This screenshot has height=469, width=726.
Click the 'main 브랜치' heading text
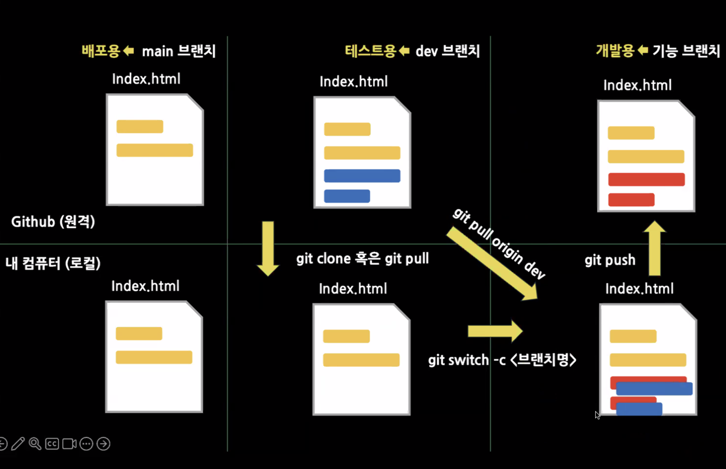[x=179, y=51]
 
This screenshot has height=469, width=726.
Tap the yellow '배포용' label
[x=101, y=51]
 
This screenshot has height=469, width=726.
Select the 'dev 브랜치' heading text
[x=447, y=51]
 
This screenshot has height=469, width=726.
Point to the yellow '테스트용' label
[x=370, y=51]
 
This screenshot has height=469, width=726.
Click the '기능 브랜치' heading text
[x=686, y=51]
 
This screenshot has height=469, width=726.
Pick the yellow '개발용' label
[x=615, y=51]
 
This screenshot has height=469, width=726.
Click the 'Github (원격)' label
[x=53, y=222]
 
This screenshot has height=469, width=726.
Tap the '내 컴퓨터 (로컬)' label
[x=53, y=263]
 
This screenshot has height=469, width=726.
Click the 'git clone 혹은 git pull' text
[x=362, y=259]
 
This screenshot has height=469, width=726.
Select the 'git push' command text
[x=610, y=260]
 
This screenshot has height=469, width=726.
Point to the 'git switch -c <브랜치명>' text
[x=502, y=360]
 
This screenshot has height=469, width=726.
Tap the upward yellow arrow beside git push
[x=654, y=249]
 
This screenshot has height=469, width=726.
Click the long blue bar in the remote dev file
[x=362, y=176]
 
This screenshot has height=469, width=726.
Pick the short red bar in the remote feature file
[x=631, y=200]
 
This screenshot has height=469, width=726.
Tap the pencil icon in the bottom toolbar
[x=18, y=444]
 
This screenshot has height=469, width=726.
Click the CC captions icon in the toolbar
[x=52, y=444]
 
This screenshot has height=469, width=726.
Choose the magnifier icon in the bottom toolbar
[x=35, y=444]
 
